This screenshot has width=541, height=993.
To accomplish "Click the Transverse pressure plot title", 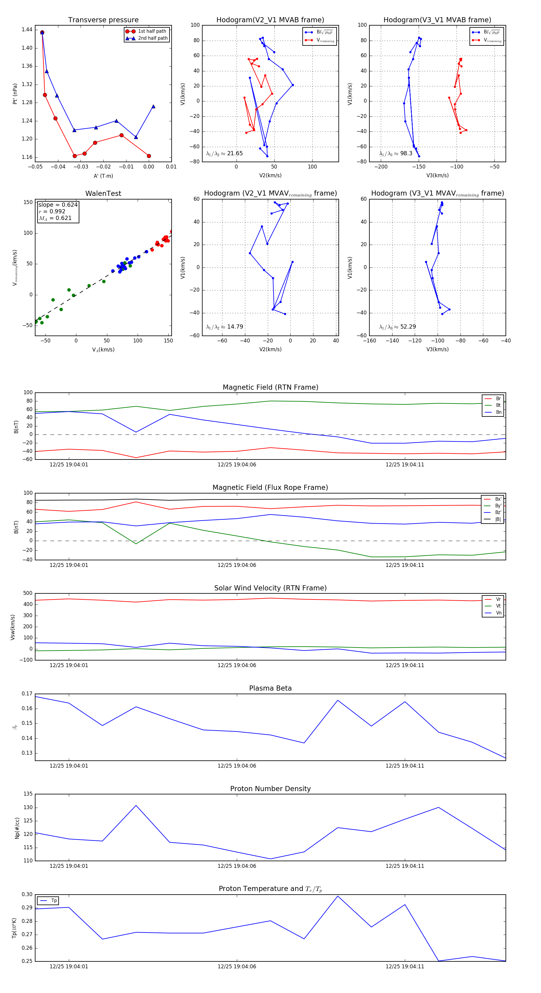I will pyautogui.click(x=103, y=20).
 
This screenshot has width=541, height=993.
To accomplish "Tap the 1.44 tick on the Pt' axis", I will pyautogui.click(x=27, y=30).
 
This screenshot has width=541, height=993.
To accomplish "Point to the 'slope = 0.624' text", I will pyautogui.click(x=58, y=205).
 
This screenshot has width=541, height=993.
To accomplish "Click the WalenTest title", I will pyautogui.click(x=103, y=193).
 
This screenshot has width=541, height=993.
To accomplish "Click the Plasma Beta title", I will pyautogui.click(x=270, y=688).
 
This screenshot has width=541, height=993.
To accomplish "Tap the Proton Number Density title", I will pyautogui.click(x=270, y=789).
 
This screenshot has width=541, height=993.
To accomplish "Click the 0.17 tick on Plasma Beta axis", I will pyautogui.click(x=27, y=694).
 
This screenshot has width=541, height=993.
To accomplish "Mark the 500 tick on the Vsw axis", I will pyautogui.click(x=28, y=593).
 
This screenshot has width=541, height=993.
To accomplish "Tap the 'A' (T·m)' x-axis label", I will pyautogui.click(x=103, y=176).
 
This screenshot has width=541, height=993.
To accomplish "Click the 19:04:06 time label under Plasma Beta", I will pyautogui.click(x=237, y=766).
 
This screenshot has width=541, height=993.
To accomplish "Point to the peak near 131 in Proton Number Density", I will pyautogui.click(x=136, y=805).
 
